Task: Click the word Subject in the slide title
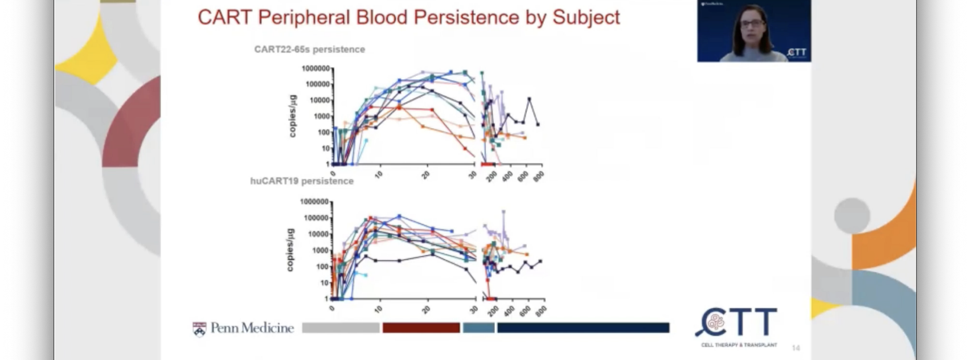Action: (x=586, y=17)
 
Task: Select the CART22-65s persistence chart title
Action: (x=310, y=50)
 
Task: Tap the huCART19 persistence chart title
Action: (x=302, y=181)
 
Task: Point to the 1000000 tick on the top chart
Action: (x=316, y=69)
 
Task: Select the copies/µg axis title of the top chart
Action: (x=293, y=116)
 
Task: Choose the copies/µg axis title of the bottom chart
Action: (x=290, y=250)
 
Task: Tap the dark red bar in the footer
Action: (x=421, y=328)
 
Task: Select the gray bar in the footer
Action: (x=341, y=328)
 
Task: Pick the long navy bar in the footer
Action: (x=583, y=328)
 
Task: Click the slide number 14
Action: (x=796, y=347)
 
